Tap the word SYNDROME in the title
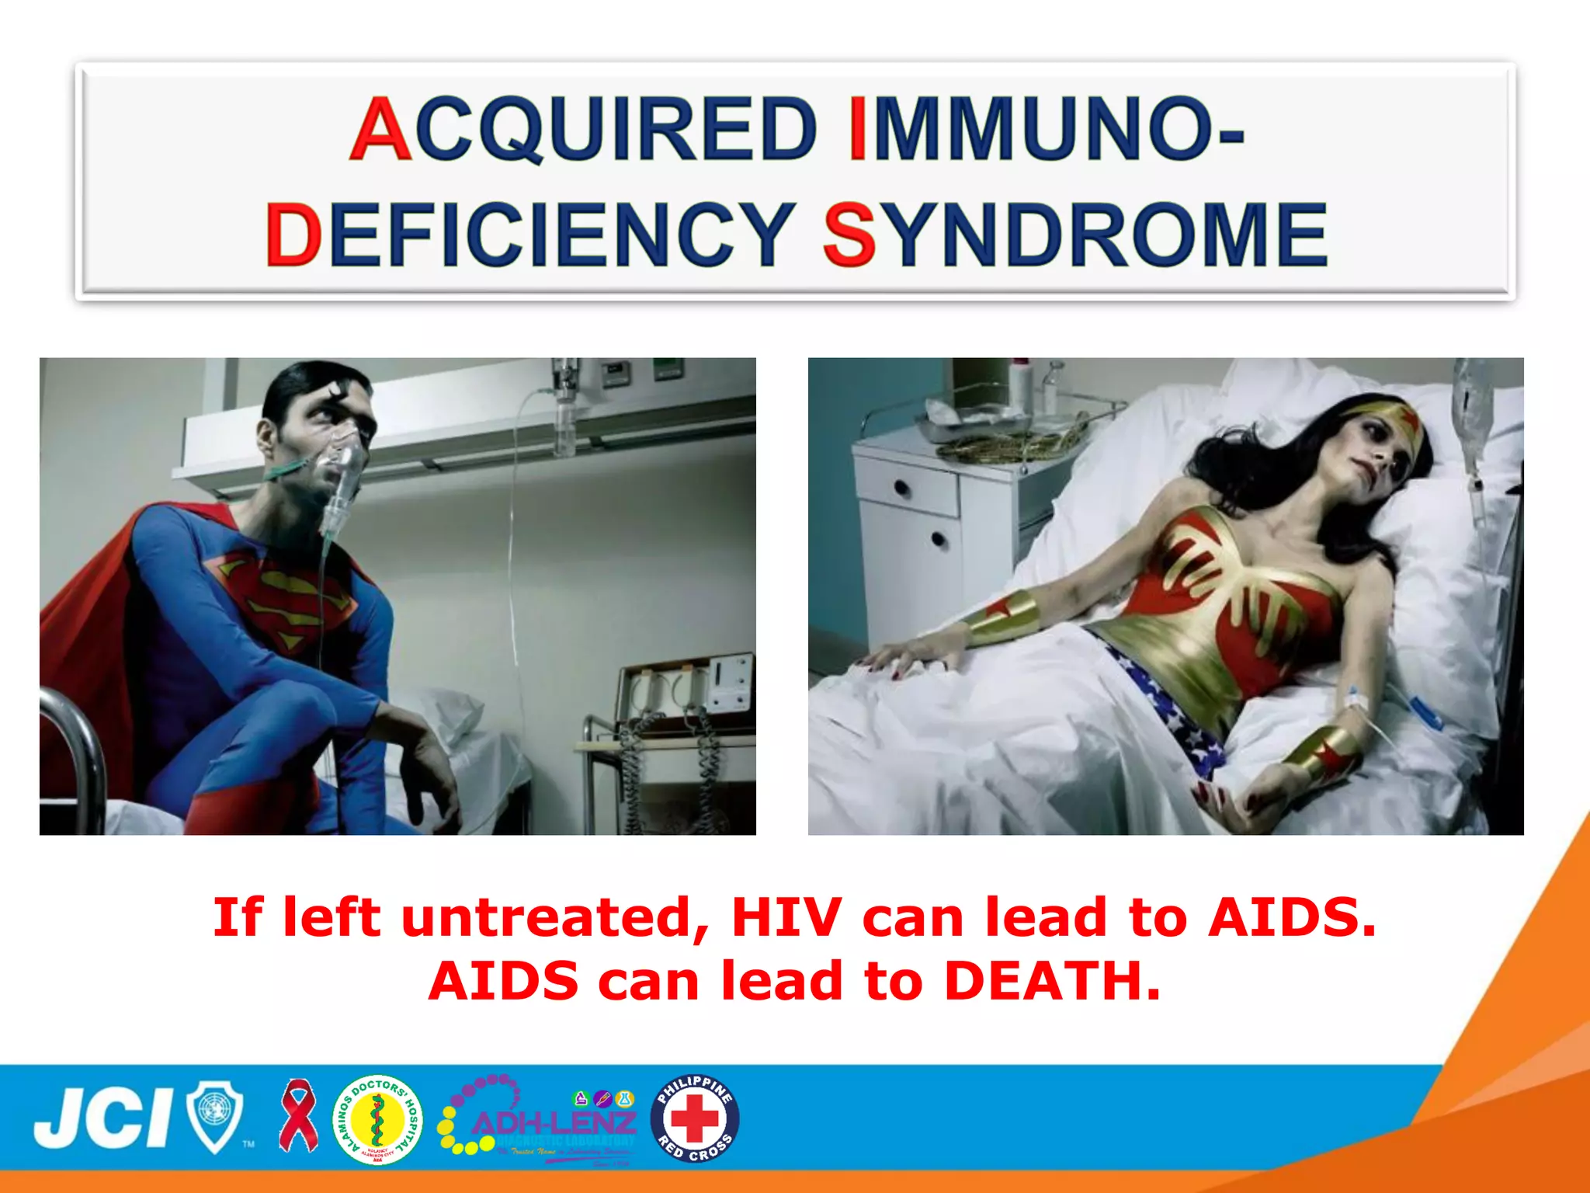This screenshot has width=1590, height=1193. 1075,234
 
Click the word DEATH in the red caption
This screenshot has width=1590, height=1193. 1052,980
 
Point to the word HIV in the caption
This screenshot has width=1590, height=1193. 786,916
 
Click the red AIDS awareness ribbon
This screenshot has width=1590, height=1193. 299,1115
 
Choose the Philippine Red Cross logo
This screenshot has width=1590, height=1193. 695,1118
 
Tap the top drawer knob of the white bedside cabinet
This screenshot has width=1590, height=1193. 901,489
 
